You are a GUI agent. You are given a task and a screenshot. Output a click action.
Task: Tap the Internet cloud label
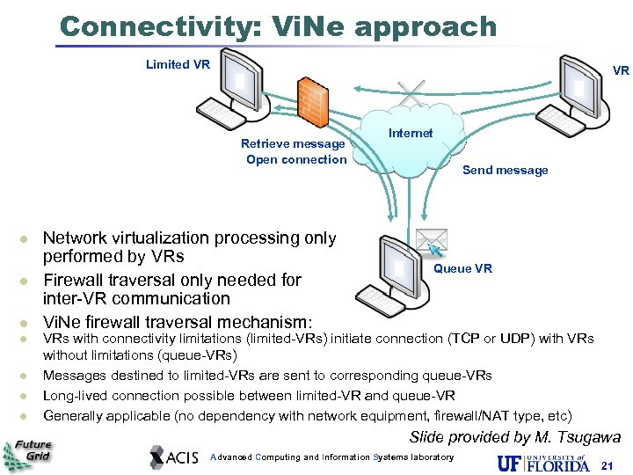[411, 134]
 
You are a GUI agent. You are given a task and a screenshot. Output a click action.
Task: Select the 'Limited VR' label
[178, 64]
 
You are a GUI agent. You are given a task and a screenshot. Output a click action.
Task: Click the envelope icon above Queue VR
[432, 241]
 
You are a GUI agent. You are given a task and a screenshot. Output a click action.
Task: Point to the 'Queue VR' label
[462, 268]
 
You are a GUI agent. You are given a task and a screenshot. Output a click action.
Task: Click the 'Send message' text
[505, 171]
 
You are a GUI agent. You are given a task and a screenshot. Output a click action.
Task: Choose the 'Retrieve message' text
[293, 143]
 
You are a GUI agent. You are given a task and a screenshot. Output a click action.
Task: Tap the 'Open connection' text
[296, 159]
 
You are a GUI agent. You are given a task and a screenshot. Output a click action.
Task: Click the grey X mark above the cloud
[411, 91]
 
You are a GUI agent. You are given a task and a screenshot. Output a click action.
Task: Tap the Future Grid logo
[28, 454]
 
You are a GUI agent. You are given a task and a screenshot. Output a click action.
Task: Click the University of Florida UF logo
[542, 461]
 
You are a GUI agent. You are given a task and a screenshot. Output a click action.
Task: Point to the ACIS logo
[176, 457]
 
